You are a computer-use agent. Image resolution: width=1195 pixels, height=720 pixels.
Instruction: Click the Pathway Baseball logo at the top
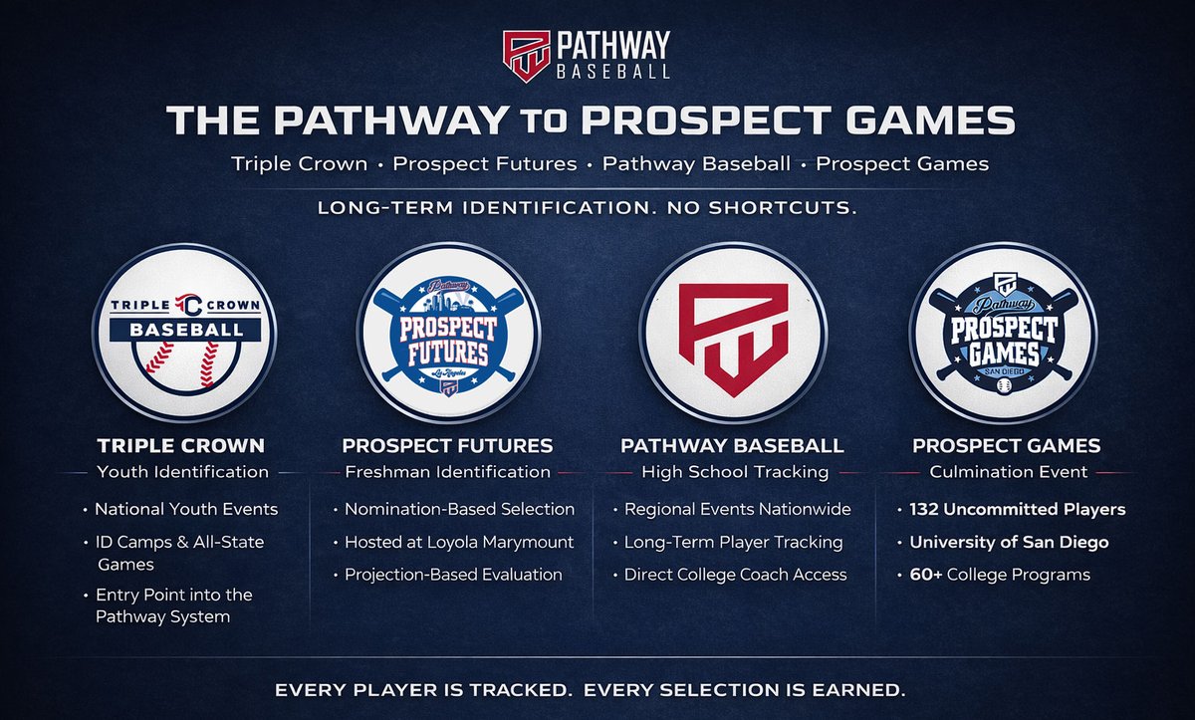tap(586, 54)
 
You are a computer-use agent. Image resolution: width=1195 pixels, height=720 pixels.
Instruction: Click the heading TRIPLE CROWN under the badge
tap(181, 445)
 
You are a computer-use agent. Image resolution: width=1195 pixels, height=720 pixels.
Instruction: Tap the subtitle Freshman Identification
tap(447, 472)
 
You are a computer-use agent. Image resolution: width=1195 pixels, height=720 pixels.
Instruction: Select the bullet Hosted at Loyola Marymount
tap(459, 542)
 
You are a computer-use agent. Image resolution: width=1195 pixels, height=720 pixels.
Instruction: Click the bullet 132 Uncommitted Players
tap(1017, 509)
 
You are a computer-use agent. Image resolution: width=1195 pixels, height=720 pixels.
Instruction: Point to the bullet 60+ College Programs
tap(999, 575)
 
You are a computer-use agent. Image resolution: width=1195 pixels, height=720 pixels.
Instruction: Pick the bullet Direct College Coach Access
tap(735, 575)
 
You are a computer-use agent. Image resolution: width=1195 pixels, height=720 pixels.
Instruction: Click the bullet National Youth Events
tap(186, 509)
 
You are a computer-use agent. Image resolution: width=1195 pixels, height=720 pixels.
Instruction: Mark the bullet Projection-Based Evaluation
tap(453, 575)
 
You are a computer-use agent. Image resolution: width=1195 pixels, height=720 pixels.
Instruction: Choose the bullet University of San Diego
tap(1009, 542)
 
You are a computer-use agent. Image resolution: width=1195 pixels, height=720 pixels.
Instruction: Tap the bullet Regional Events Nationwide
tap(737, 509)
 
